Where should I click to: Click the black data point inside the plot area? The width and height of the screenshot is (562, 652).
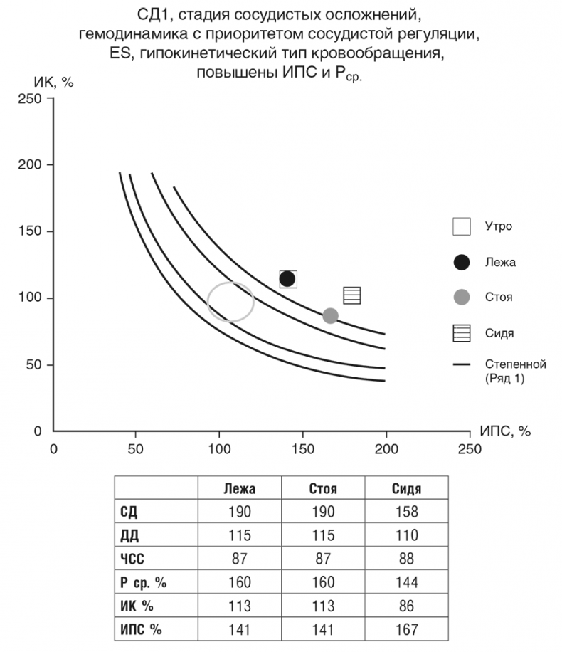point(287,278)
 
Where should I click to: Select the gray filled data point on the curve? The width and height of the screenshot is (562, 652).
point(330,315)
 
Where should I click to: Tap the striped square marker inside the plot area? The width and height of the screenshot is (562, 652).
point(352,295)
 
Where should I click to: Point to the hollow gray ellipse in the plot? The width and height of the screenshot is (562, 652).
point(230,302)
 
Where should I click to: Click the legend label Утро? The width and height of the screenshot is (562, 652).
point(498,226)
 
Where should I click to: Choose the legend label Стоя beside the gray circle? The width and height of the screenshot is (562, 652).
point(498,297)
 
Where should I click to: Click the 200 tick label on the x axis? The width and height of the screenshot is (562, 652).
point(386,449)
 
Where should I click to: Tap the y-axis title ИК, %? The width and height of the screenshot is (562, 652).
point(54,80)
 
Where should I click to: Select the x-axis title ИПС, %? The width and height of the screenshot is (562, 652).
point(505,431)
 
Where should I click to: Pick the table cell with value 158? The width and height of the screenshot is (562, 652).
point(406,512)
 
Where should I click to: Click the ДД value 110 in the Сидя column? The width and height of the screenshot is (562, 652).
point(406,536)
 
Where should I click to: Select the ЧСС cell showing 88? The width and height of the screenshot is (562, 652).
point(406,559)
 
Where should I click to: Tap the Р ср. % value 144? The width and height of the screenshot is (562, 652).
point(406,583)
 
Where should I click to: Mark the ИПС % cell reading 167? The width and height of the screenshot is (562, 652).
point(406,630)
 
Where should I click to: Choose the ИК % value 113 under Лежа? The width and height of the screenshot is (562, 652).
point(239,606)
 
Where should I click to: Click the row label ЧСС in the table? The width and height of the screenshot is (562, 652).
point(134,559)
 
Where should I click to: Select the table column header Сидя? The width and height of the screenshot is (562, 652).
point(406,489)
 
